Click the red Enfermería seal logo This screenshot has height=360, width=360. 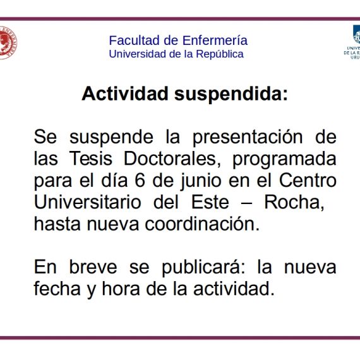[8, 43]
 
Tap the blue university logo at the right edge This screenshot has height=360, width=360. [353, 42]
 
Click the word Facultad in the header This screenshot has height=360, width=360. [135, 40]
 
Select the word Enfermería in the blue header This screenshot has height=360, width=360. [215, 40]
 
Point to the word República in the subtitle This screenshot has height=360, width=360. [220, 54]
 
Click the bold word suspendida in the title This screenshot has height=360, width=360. [231, 94]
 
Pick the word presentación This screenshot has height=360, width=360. [248, 138]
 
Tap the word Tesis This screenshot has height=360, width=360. [90, 159]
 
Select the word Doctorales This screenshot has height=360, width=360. [172, 159]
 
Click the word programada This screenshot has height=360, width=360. [285, 160]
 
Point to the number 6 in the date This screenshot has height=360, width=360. [140, 180]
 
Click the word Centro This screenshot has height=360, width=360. [308, 180]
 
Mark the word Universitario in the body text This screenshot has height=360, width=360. [88, 202]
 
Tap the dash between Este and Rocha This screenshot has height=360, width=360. [246, 203]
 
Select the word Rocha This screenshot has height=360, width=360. [294, 202]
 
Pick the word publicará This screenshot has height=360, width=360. [203, 268]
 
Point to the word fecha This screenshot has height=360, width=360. [57, 289]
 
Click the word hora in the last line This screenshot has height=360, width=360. [121, 289]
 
